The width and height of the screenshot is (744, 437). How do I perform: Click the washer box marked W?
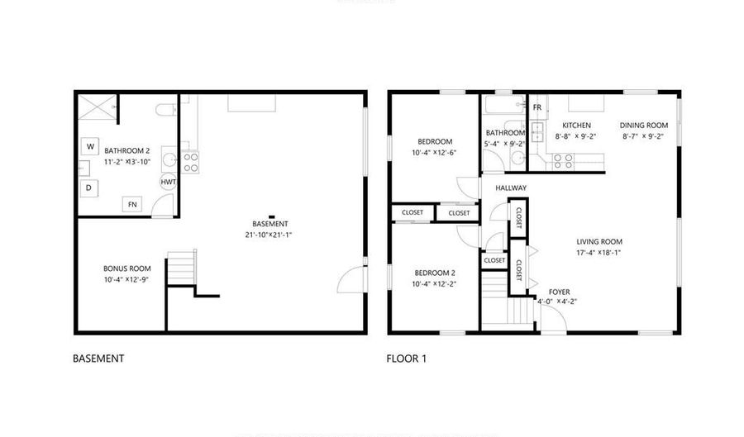89,147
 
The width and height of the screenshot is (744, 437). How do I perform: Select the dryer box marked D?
89,188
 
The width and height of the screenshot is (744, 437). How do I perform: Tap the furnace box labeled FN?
131,204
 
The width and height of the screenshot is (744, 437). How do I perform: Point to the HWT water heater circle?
168,182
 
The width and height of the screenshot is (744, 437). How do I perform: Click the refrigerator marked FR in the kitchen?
537,108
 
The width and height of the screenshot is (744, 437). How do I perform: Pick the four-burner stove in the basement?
190,162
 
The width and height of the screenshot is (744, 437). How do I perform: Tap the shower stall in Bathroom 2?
97,107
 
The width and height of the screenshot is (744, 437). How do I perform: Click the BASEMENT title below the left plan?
98,359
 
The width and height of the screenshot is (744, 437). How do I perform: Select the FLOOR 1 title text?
407,359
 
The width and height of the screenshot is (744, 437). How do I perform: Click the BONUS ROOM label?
126,268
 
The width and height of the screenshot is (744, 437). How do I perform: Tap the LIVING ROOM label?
599,242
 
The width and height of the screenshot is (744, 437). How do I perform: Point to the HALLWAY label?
511,188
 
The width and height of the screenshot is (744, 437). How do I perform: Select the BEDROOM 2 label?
434,273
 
